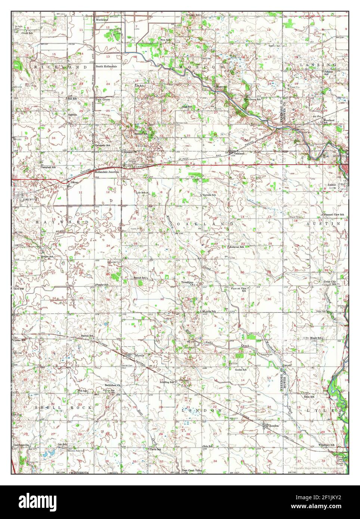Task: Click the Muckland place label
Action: click(102, 19)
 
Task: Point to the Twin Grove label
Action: click(101, 100)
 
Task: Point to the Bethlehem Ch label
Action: click(113, 385)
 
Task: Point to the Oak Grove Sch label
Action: click(252, 99)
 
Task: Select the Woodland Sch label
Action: click(329, 121)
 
